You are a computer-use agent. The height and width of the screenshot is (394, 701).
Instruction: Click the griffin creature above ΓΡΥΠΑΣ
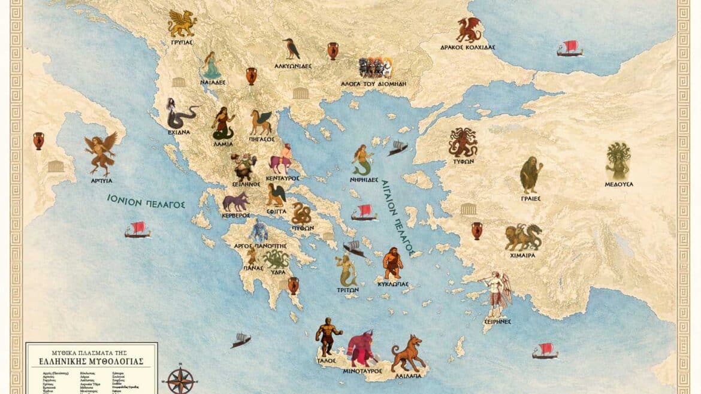(x=182, y=23)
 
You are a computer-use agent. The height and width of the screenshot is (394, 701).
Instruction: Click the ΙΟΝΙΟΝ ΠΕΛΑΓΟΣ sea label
(x=146, y=201)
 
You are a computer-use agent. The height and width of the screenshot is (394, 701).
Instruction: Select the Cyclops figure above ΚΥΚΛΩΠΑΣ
(x=392, y=261)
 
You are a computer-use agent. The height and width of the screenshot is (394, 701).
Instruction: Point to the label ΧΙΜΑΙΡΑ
(x=523, y=255)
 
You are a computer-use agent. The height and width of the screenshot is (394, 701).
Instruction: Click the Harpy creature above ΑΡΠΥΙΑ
(x=100, y=153)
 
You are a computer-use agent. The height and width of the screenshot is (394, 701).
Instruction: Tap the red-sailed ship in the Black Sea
(x=569, y=49)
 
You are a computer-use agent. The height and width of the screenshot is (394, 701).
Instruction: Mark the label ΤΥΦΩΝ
(x=462, y=162)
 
